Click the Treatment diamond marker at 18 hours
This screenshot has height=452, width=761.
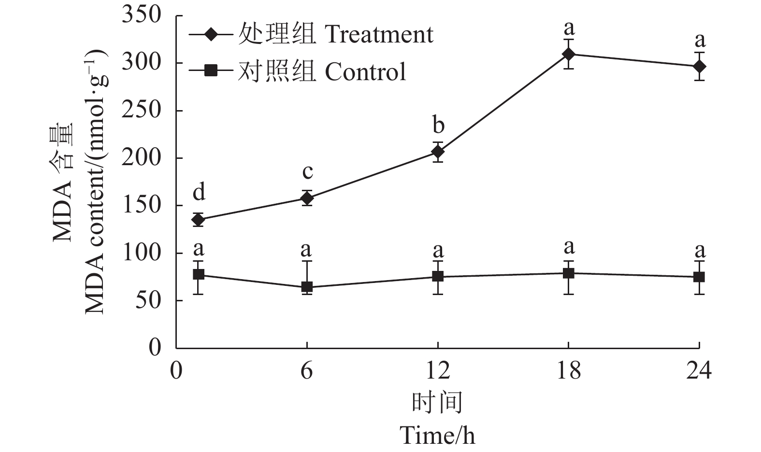[568, 54]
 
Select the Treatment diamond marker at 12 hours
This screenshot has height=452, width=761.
[438, 152]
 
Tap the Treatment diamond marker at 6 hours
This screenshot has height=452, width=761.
[307, 198]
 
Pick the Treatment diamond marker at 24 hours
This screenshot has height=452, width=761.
[699, 66]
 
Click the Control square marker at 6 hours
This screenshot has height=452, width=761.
[307, 287]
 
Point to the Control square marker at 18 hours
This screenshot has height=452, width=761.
[568, 273]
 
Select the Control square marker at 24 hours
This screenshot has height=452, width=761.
[699, 277]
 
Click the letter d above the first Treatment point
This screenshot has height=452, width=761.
[199, 193]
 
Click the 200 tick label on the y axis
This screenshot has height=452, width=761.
[141, 158]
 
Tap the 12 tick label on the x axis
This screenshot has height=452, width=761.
[438, 371]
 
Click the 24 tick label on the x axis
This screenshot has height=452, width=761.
[699, 371]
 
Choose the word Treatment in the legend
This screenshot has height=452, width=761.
[378, 34]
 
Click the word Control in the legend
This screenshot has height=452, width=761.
[365, 71]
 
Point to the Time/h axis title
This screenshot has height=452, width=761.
[437, 435]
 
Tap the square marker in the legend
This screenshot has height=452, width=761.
[211, 71]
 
